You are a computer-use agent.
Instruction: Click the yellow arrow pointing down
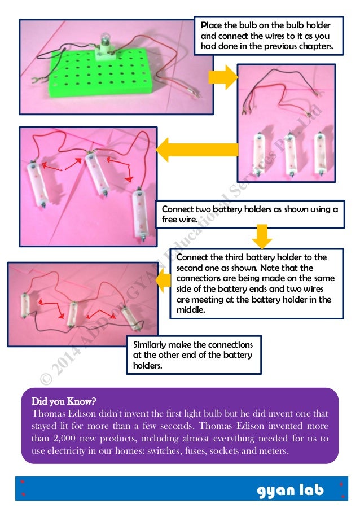coord(261,236)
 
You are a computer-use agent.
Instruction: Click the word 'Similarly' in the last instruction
coord(152,344)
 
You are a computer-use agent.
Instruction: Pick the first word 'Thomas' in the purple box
coord(48,413)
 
